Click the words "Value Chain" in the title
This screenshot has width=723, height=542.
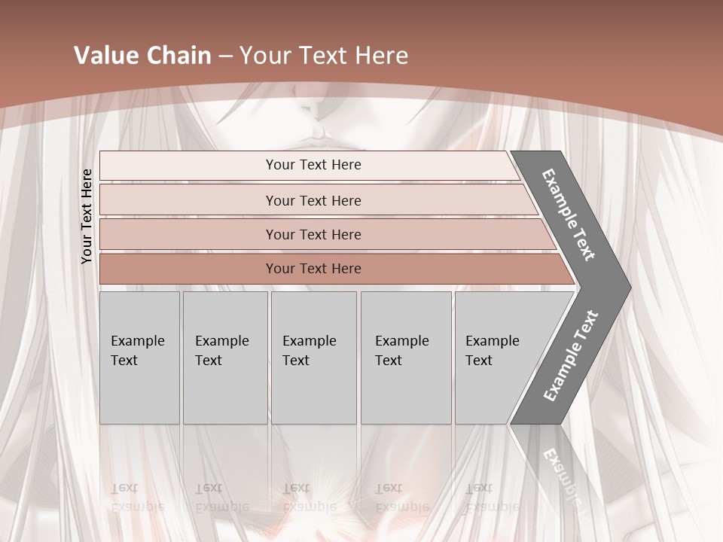(142, 56)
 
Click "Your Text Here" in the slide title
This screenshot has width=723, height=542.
(323, 56)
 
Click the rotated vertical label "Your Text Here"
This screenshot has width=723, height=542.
(87, 216)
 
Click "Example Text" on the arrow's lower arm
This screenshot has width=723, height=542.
(571, 355)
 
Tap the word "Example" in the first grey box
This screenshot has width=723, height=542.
(137, 341)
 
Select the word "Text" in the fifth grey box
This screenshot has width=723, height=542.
(479, 361)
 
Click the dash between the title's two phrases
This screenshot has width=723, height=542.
(224, 56)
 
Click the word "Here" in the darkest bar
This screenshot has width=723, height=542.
(345, 269)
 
